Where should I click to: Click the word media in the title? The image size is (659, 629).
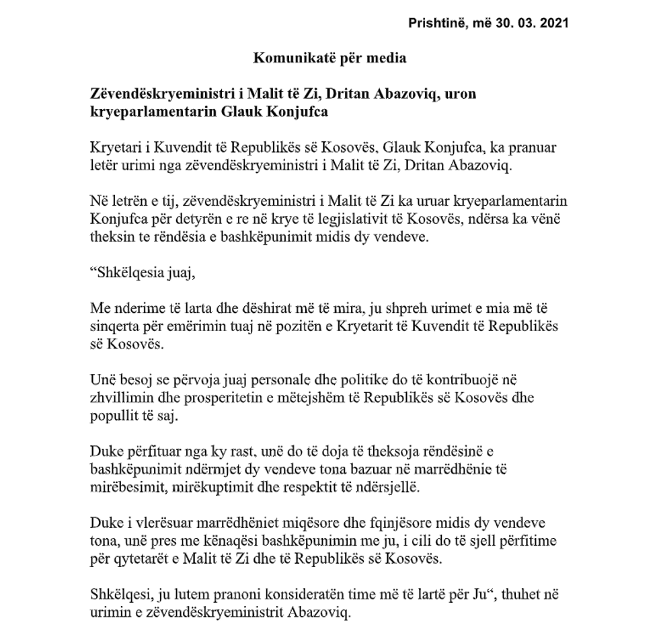[388, 58]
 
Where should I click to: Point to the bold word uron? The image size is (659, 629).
[460, 94]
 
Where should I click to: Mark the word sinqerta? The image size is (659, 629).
[113, 326]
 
